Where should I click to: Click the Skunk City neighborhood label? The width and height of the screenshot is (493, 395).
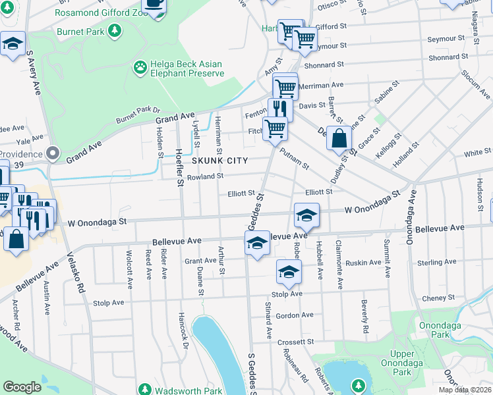(220, 161)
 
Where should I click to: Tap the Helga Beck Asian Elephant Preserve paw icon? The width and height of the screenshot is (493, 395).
(140, 66)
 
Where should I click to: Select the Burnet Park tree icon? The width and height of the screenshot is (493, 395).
(115, 30)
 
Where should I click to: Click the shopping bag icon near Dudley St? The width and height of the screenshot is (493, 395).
(339, 138)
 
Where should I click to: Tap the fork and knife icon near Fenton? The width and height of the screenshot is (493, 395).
(280, 109)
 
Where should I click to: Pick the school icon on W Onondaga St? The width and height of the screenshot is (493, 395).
(306, 215)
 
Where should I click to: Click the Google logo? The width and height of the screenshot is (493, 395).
(22, 387)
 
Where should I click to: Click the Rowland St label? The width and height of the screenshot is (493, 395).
(206, 176)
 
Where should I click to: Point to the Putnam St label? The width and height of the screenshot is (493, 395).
(294, 159)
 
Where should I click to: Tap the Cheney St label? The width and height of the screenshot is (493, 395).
(434, 298)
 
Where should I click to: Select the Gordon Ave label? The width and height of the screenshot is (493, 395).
(295, 316)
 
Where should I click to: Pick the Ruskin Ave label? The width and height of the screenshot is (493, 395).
(364, 262)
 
